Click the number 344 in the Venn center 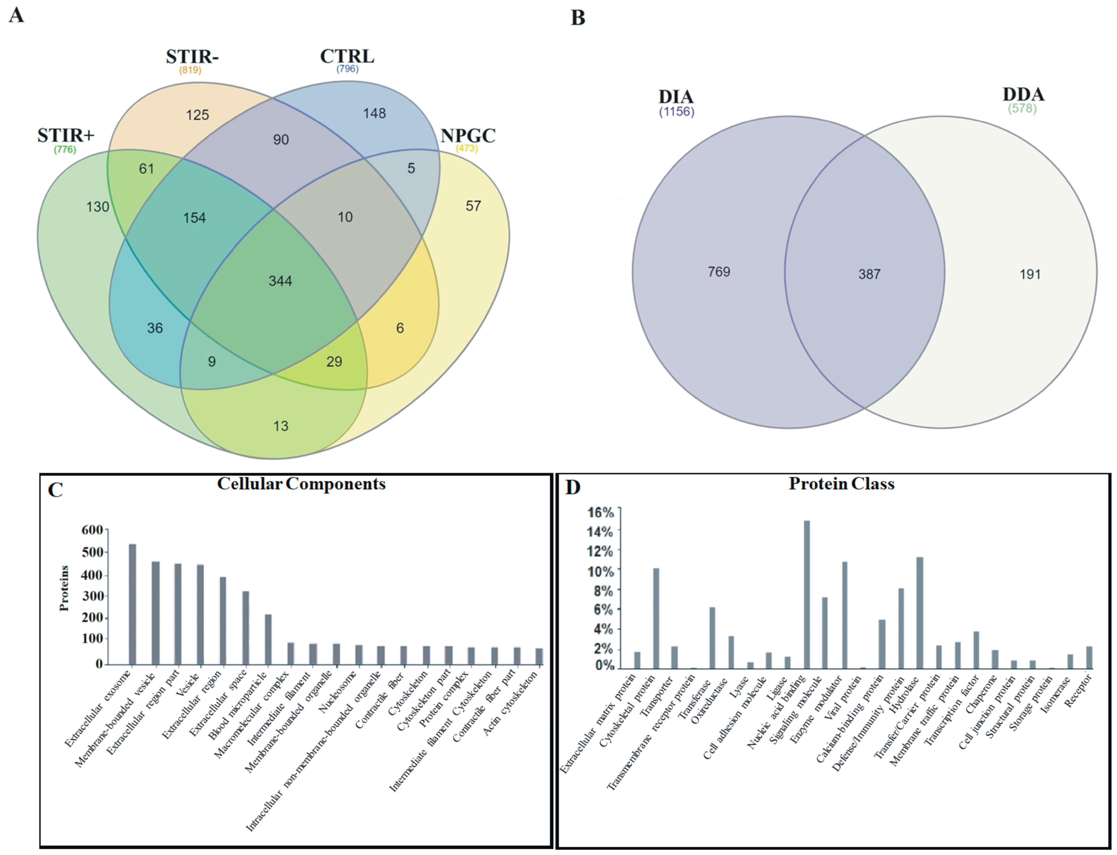[280, 281]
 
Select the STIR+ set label [66, 135]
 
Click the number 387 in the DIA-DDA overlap [869, 274]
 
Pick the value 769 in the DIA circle [719, 272]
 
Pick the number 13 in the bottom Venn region [281, 426]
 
